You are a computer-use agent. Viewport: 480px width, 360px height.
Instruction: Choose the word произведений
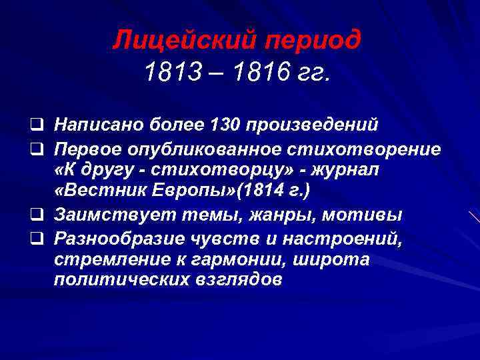313,125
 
